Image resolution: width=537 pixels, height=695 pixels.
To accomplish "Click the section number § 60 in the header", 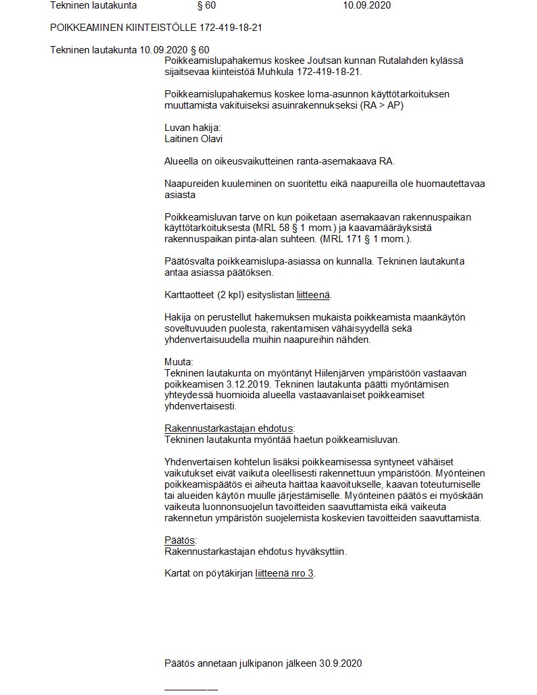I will [x=206, y=6].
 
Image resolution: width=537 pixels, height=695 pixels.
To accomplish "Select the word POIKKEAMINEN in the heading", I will [x=84, y=28].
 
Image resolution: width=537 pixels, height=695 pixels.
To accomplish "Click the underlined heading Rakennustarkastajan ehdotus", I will [x=228, y=428].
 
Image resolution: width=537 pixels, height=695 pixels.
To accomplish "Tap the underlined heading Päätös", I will [x=180, y=540].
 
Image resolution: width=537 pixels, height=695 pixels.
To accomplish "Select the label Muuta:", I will [x=179, y=361].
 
